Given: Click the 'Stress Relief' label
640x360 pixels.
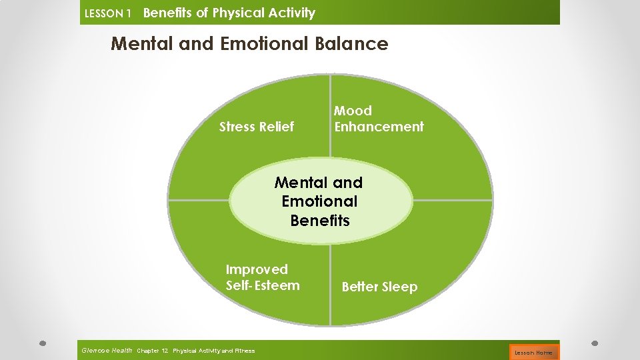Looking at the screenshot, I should [256, 127].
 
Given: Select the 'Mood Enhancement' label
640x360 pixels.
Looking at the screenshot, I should [378, 119].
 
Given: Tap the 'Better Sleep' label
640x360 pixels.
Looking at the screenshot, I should [379, 287].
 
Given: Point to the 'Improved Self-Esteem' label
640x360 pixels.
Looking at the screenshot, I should [263, 277].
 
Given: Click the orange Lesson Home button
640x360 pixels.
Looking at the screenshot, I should [533, 352].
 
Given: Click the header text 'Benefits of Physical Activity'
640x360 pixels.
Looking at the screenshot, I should [229, 13].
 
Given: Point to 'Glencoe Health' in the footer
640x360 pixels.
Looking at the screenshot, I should [106, 350].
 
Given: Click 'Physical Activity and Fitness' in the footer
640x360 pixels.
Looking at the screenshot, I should [213, 351].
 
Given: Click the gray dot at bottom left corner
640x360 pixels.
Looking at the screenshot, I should [41, 343].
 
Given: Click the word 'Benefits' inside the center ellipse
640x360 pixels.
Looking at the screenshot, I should [320, 221].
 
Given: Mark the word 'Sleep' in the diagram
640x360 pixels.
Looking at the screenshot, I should [399, 287].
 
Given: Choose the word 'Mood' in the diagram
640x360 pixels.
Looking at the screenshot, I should [353, 111].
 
